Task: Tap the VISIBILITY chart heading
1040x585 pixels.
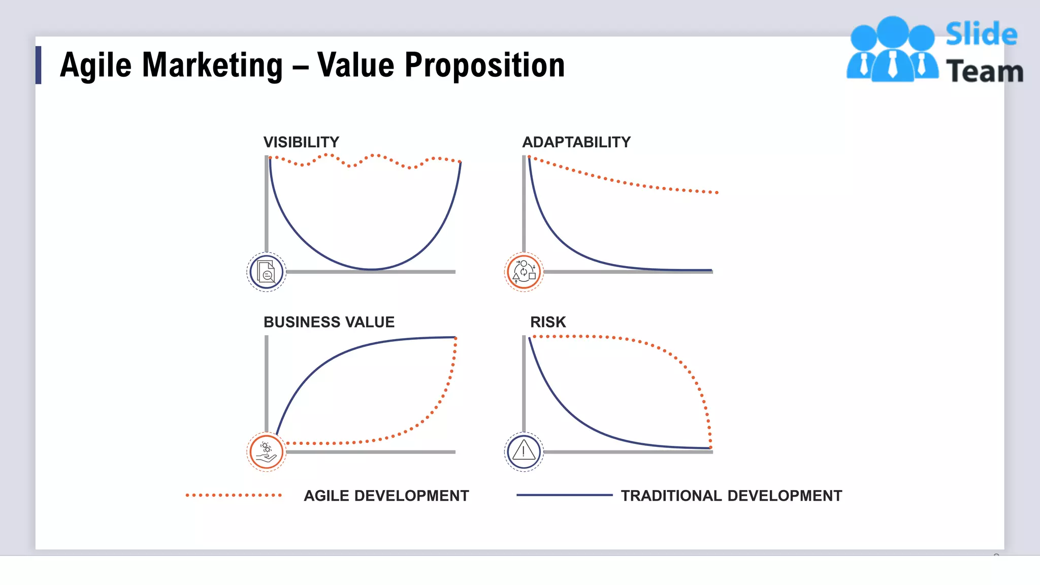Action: coord(301,142)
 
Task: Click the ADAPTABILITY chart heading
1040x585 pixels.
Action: coord(576,142)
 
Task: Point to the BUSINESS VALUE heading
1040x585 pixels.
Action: coord(329,322)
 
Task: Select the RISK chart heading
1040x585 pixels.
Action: coord(547,322)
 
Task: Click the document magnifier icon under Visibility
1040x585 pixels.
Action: coord(266,272)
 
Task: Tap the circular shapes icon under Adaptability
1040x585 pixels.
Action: coord(524,272)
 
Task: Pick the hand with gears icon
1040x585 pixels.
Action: coord(266,451)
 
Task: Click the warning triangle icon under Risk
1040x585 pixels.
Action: coord(524,451)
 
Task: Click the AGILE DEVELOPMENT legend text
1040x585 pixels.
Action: coord(386,496)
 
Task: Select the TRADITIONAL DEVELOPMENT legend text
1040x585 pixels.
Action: coord(731,496)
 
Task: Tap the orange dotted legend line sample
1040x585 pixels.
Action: coord(234,495)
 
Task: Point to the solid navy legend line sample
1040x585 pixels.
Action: coord(564,495)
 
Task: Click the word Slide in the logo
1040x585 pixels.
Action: coord(981,35)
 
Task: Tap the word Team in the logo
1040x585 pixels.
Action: coord(984,71)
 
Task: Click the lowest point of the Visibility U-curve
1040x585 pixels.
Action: coord(371,269)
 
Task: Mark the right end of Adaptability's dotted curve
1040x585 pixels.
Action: coord(717,192)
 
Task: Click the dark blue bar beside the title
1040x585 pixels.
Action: coord(38,65)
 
